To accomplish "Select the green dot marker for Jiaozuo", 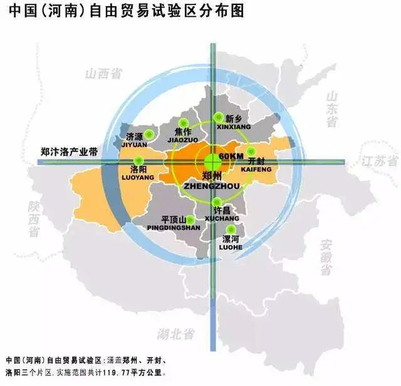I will (183, 123).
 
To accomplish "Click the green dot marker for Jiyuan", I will (149, 135).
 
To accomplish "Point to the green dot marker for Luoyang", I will (138, 161).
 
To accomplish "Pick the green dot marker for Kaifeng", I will (251, 152).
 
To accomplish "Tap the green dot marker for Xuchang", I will (217, 201).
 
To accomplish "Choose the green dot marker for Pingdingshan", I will (190, 220).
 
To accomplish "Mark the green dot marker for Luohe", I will (232, 229).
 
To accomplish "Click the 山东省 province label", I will (331, 108).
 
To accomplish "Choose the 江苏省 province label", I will (379, 161).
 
